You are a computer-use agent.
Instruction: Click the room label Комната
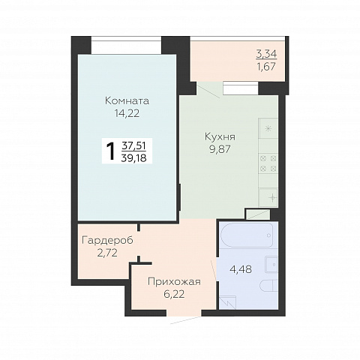[127, 101]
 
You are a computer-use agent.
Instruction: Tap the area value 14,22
[127, 114]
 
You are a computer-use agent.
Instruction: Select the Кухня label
[220, 136]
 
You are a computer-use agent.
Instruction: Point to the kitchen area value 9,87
[220, 149]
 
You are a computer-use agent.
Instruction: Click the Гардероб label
[107, 241]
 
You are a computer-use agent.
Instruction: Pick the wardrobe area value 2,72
[107, 253]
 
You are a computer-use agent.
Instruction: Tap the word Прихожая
[174, 282]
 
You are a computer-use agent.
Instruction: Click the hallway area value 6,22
[174, 294]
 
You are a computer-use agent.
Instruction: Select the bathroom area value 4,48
[241, 269]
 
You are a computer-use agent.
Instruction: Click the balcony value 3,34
[266, 54]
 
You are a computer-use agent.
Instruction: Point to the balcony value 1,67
[266, 67]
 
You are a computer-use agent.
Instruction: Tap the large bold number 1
[110, 151]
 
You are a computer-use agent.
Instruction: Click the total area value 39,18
[133, 158]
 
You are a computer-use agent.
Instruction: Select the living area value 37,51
[133, 145]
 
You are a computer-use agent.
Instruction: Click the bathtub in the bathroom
[247, 235]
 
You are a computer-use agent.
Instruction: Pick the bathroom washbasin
[271, 265]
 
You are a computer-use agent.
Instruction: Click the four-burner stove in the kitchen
[268, 163]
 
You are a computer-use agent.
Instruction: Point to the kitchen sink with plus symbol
[268, 198]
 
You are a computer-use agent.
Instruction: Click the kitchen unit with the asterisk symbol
[268, 129]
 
